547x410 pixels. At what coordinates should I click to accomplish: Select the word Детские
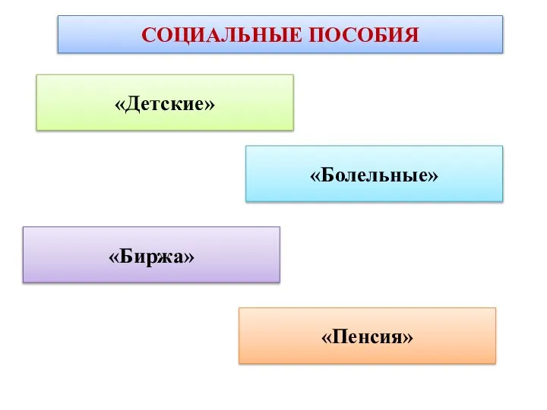(165, 102)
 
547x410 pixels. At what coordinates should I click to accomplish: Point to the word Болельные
(375, 175)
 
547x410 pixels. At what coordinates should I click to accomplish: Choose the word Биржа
(151, 257)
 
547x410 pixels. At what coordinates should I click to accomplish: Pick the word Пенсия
(368, 336)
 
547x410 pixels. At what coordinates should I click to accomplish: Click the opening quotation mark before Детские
(120, 103)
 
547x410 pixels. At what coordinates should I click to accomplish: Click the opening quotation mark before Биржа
(115, 257)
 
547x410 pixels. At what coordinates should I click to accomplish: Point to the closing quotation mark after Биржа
(188, 257)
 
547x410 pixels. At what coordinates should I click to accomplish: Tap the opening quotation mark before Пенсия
(327, 336)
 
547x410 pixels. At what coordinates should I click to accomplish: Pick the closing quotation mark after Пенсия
(409, 336)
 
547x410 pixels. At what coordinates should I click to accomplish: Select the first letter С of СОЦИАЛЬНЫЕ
(149, 35)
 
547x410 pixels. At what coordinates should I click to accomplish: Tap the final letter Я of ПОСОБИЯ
(411, 35)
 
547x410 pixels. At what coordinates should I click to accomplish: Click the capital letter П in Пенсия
(340, 336)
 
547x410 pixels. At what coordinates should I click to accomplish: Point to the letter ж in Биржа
(163, 258)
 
